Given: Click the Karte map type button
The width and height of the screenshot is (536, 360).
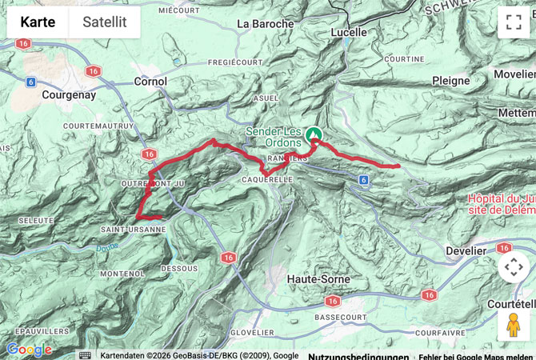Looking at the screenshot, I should tap(38, 22).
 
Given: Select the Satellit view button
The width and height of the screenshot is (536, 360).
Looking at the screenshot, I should tap(105, 22).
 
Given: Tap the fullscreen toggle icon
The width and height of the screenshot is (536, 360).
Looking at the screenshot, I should tap(513, 22).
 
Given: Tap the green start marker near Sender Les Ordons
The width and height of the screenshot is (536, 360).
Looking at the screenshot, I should tap(314, 135).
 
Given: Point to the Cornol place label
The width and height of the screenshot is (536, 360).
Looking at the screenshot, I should tap(150, 81).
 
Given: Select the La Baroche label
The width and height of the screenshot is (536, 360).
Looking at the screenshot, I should tap(266, 24).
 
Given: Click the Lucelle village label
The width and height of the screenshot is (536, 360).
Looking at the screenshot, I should tap(349, 33).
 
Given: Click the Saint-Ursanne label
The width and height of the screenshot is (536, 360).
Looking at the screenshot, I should tap(133, 229).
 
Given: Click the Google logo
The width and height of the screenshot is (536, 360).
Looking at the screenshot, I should tap(29, 350).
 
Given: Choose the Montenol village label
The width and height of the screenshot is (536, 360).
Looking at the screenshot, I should tap(122, 274).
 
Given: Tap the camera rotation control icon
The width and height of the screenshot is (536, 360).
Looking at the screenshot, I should tap(513, 267).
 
